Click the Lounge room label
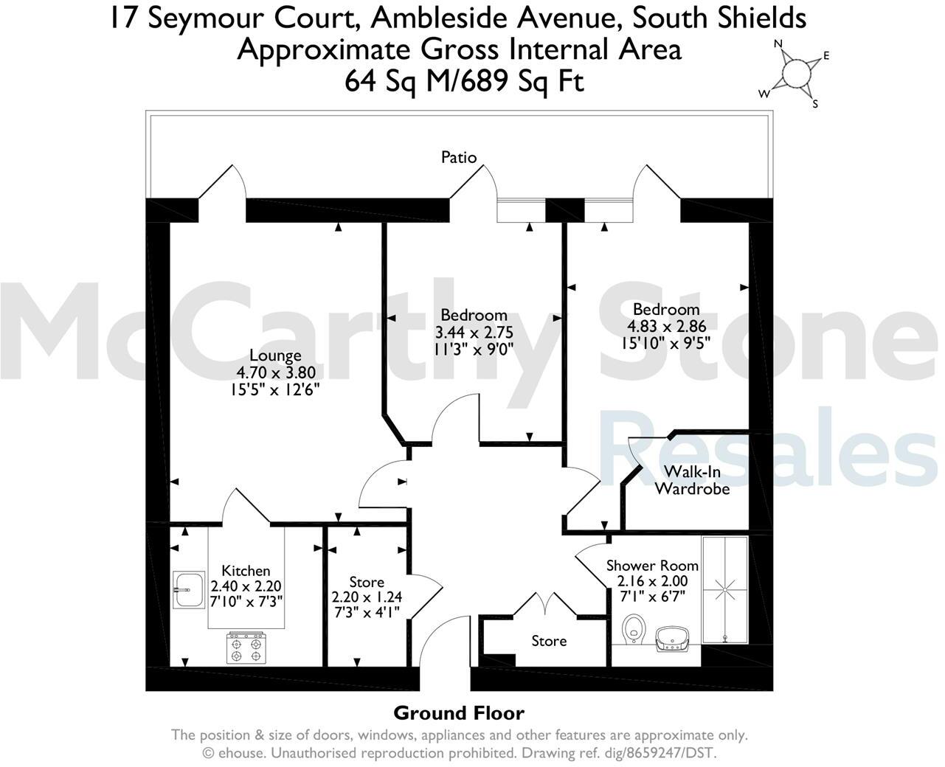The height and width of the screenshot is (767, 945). pyautogui.click(x=274, y=355)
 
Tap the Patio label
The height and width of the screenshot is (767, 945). pyautogui.click(x=459, y=157)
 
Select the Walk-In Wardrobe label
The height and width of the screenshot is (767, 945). pyautogui.click(x=692, y=480)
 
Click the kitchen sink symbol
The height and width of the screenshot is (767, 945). pyautogui.click(x=189, y=589)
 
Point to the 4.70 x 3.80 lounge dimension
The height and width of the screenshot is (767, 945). pyautogui.click(x=274, y=372)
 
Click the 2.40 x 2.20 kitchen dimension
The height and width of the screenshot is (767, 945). pyautogui.click(x=246, y=587)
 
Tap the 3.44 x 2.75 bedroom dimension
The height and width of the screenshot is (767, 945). pyautogui.click(x=474, y=332)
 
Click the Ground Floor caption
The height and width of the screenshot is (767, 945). pyautogui.click(x=459, y=713)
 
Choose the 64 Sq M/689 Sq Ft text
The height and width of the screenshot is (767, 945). pyautogui.click(x=464, y=81)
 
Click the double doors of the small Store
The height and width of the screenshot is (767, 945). pyautogui.click(x=545, y=603)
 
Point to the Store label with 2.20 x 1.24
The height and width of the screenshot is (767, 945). pyautogui.click(x=367, y=582)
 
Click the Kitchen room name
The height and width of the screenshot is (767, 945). pyautogui.click(x=246, y=571)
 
